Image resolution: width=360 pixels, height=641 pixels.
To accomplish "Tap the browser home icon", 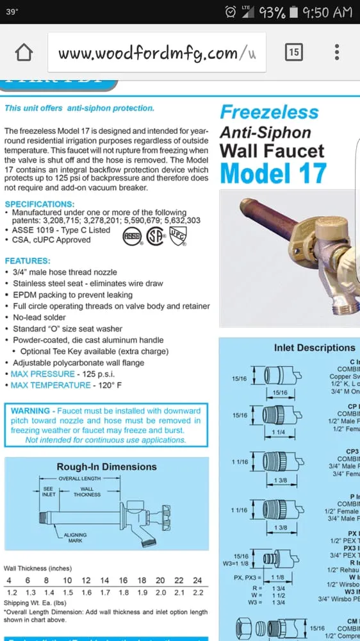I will (x=23, y=52).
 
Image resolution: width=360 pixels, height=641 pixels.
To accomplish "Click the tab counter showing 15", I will (x=293, y=52).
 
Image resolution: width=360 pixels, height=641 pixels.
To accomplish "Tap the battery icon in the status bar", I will (x=293, y=12).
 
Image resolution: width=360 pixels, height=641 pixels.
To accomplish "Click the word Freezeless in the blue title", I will (x=269, y=112).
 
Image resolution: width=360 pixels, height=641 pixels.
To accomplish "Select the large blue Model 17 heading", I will (x=274, y=174).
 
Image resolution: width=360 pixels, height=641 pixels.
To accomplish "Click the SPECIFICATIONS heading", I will (x=40, y=204).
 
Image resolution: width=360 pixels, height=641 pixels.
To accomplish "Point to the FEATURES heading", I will (x=28, y=261).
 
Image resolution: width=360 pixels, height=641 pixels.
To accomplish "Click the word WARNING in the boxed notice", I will (x=30, y=411).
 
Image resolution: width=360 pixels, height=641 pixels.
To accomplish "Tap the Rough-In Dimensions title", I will (x=106, y=467).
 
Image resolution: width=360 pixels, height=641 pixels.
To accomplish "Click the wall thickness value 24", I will (x=197, y=581).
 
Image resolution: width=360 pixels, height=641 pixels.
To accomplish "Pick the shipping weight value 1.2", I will (x=12, y=592).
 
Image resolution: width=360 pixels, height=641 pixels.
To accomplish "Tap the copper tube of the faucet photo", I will (x=269, y=218).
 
